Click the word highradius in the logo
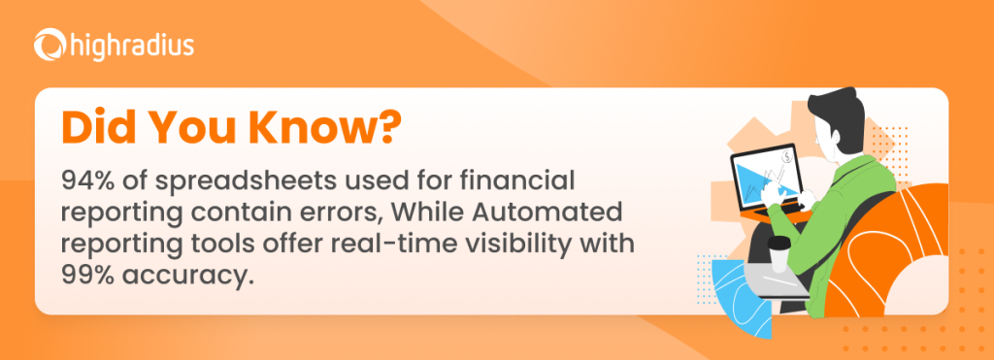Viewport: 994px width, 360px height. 123,45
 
